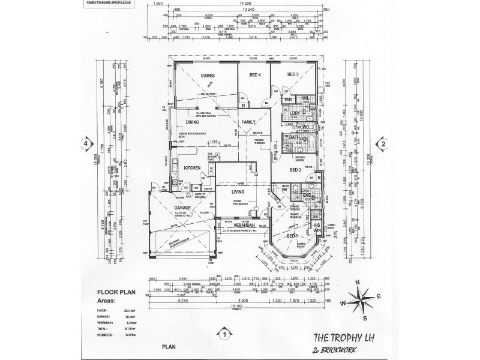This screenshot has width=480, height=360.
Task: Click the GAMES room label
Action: point(208,75)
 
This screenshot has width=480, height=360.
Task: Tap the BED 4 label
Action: point(254,75)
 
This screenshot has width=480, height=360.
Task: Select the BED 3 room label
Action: point(293,75)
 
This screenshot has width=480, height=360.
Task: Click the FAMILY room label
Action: point(248,122)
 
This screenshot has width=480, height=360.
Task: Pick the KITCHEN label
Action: point(191,168)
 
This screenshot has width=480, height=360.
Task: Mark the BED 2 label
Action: point(295,170)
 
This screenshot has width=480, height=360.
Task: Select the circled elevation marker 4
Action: point(86,144)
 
